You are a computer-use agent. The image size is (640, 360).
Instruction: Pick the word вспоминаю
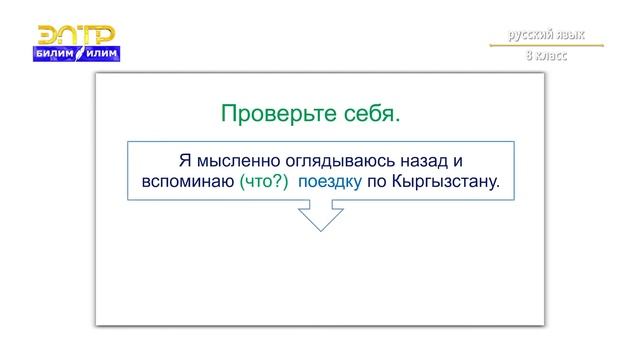tap(182, 183)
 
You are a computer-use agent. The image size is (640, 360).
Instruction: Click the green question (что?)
tap(263, 183)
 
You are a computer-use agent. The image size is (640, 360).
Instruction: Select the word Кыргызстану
tap(448, 183)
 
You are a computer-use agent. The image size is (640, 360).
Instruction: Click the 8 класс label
tap(547, 57)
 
